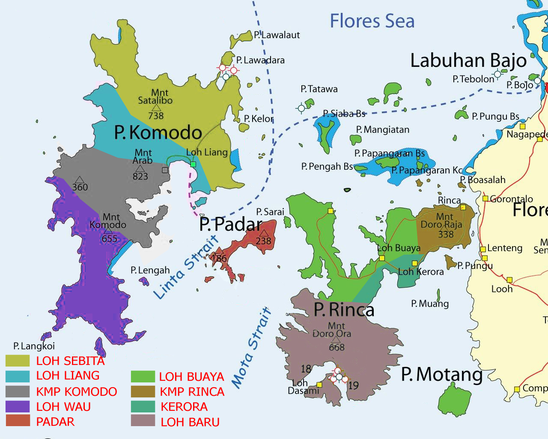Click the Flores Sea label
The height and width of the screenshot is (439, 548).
(372, 21)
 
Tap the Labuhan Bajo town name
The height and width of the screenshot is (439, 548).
(468, 60)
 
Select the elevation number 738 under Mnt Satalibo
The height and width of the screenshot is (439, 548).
(156, 116)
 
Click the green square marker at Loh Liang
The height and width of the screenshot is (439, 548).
(193, 164)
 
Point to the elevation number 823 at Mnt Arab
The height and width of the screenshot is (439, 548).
(140, 176)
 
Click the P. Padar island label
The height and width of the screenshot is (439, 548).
(231, 224)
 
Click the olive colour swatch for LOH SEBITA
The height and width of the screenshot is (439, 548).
(18, 361)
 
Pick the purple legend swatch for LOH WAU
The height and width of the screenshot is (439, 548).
(18, 406)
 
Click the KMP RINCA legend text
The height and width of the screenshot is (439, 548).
(192, 391)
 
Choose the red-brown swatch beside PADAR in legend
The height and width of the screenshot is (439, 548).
(18, 421)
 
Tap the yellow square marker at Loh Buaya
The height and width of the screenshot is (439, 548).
(382, 258)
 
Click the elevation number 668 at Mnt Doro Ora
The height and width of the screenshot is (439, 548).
(337, 347)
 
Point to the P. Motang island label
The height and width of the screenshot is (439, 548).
(441, 374)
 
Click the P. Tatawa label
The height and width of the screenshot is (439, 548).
(319, 89)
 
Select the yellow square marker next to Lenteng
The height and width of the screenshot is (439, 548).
(483, 249)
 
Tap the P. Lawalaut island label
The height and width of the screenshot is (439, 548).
(277, 35)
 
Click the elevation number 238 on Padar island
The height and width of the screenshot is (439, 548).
(263, 241)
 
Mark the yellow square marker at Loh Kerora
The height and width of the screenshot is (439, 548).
(414, 263)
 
